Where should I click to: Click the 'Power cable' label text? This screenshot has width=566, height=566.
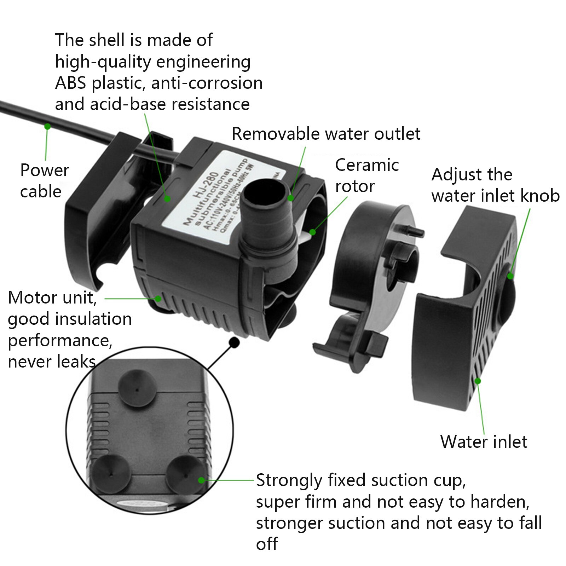pos(44,181)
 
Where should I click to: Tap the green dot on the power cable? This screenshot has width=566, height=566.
pos(47,126)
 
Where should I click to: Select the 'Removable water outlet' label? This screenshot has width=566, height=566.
pos(326,134)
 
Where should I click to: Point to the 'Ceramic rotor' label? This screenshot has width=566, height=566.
pos(367,175)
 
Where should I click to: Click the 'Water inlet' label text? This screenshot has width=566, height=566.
pos(484,442)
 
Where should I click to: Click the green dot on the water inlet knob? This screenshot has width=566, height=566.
pos(510,276)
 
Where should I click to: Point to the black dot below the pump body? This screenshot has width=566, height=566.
pos(234,342)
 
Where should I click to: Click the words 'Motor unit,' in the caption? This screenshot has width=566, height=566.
pos(52,298)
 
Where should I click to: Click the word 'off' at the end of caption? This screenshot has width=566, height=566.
pos(267,544)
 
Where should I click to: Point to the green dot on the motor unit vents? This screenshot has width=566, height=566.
pos(158,299)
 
